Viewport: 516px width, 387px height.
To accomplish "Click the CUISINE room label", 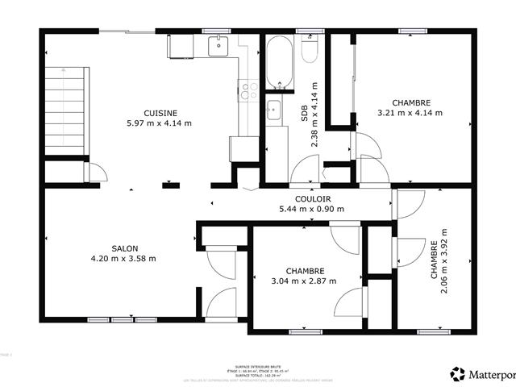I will pyautogui.click(x=160, y=113).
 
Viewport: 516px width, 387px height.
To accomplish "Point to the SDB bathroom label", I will pyautogui.click(x=305, y=116).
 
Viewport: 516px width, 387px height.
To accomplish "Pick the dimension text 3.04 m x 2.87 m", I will pyautogui.click(x=305, y=281).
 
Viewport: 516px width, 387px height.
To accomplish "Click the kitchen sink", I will pyautogui.click(x=218, y=47).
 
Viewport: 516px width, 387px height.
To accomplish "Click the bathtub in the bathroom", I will pyautogui.click(x=281, y=63).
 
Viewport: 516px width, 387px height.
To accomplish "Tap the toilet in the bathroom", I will pyautogui.click(x=308, y=50).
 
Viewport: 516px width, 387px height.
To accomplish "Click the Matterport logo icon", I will pyautogui.click(x=458, y=373).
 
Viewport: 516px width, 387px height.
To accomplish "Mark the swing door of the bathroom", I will pyautogui.click(x=306, y=169).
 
